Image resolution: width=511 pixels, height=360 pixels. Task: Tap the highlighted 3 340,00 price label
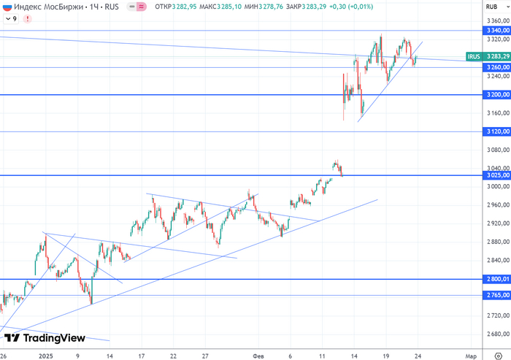497,31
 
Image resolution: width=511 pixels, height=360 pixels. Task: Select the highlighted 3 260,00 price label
497,67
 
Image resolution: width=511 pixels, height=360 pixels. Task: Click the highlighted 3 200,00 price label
497,95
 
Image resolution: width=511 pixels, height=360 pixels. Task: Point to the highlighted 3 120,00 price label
497,132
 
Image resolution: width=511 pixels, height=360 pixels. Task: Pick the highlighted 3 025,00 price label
497,176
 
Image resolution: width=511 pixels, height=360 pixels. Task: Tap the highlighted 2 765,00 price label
497,295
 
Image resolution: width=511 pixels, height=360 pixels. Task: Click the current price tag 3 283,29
497,56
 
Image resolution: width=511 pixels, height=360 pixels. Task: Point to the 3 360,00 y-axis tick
497,20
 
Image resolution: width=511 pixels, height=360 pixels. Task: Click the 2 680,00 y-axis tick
497,334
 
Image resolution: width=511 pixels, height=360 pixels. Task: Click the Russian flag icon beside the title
7,7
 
